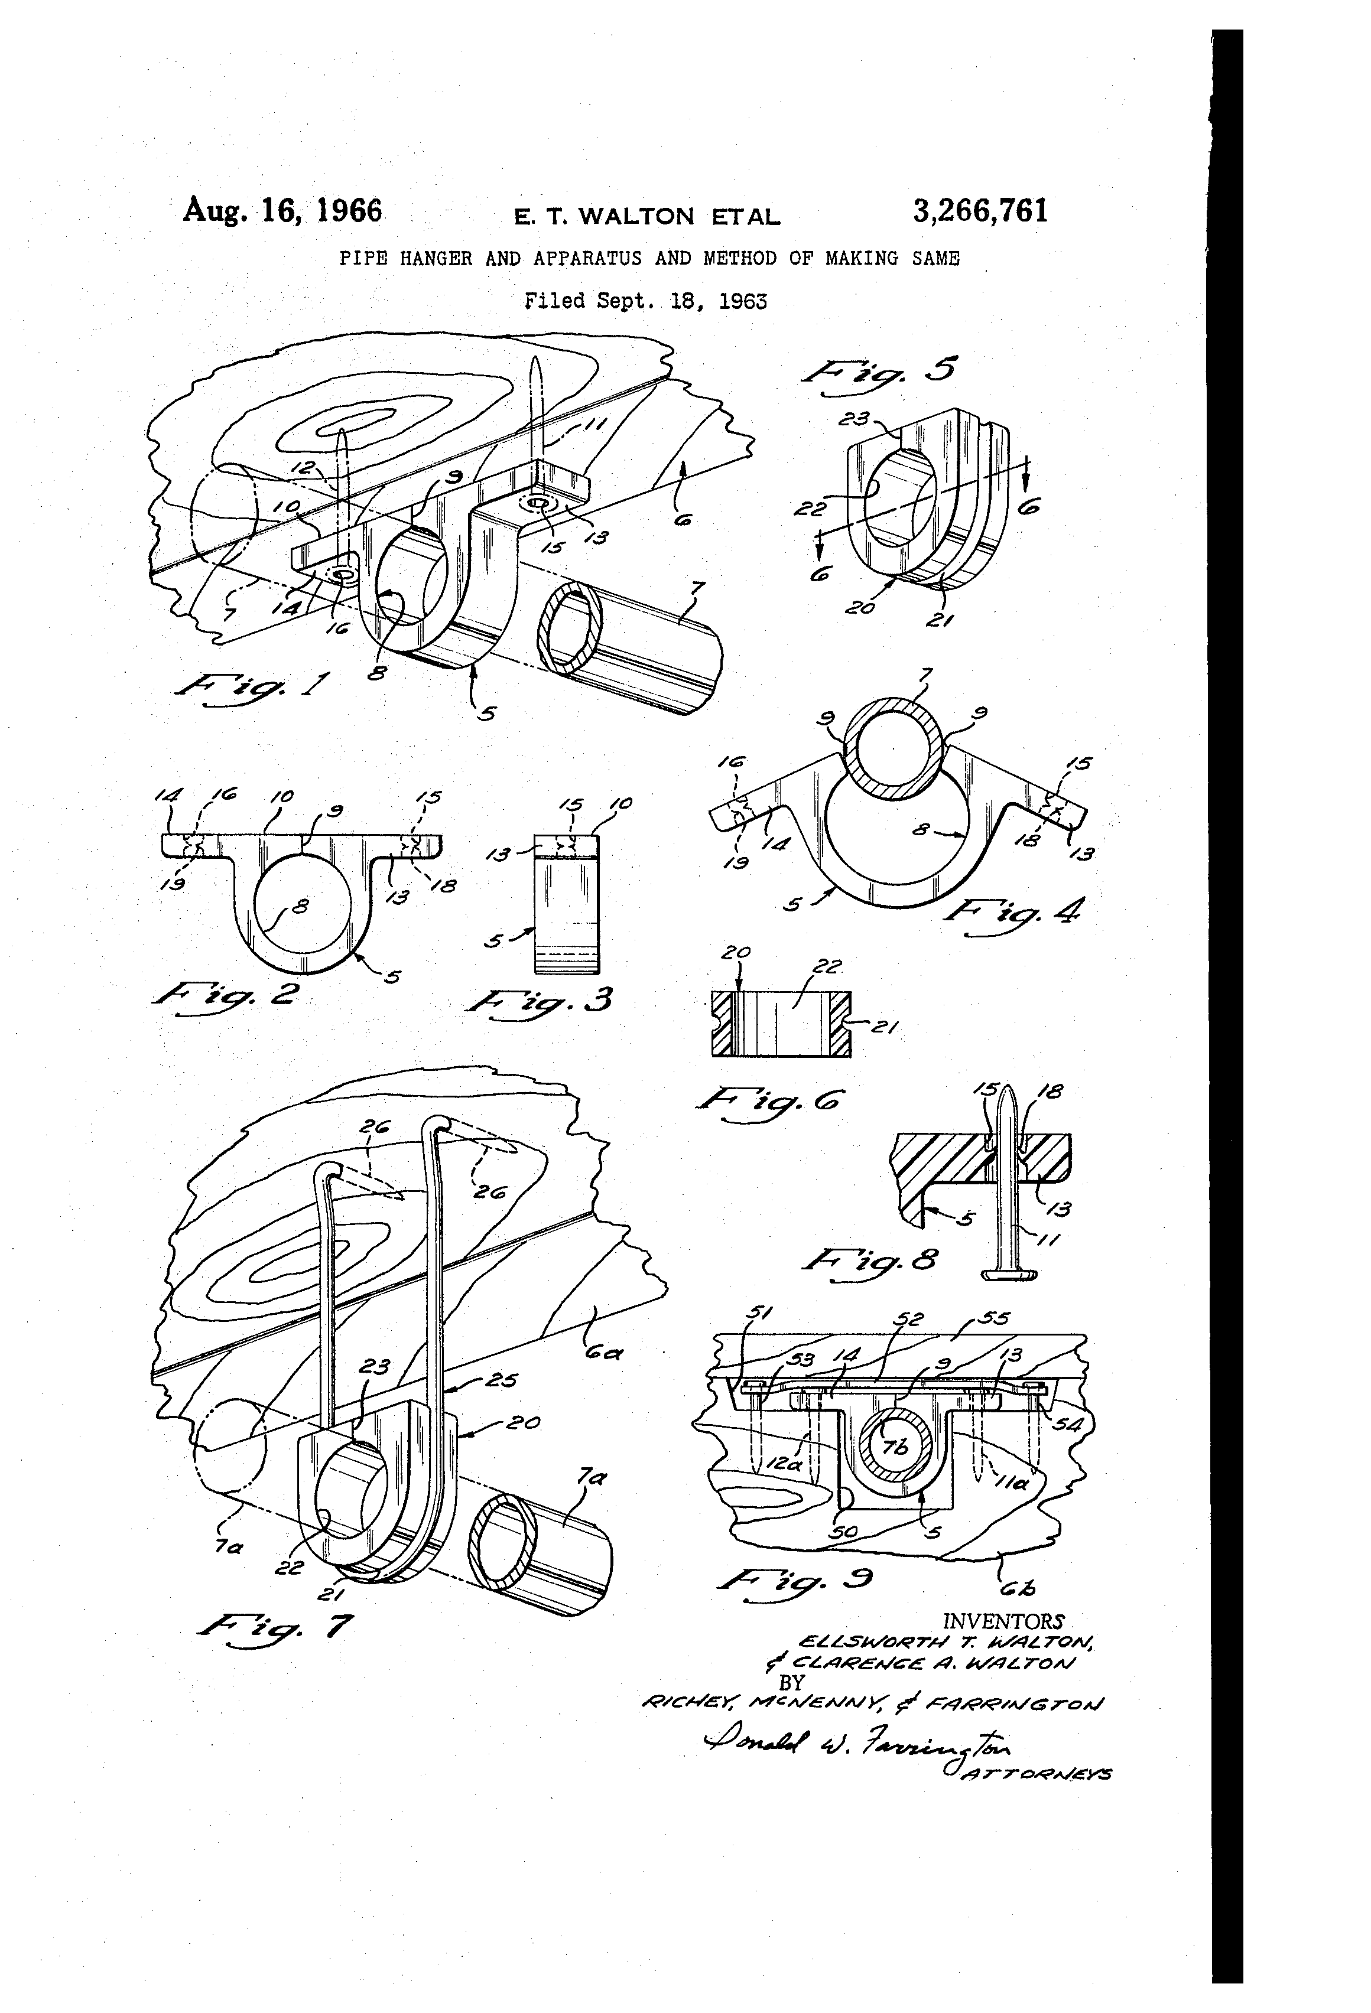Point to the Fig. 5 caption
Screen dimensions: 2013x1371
[881, 371]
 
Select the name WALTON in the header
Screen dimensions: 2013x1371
[635, 216]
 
